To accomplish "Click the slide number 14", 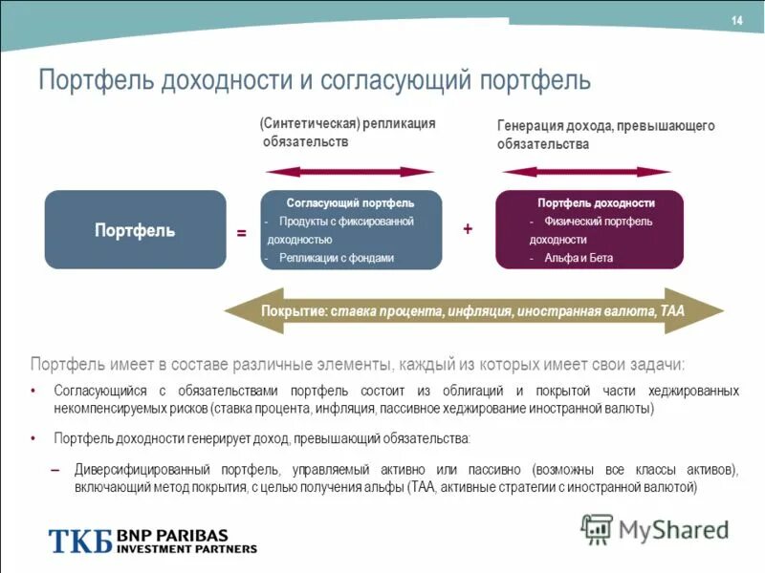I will (736, 21).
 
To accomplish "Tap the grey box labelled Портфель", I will (135, 230).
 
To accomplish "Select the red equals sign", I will (242, 233).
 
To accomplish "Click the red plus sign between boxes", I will (468, 229).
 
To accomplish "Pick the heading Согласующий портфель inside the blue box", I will (351, 203).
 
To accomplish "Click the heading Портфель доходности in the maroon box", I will (596, 203).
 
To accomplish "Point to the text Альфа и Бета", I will (579, 258).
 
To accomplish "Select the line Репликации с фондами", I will (337, 258).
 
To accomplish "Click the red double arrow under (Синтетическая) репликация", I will (350, 172).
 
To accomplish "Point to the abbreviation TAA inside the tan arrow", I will (671, 312).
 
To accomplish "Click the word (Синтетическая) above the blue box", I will (308, 124).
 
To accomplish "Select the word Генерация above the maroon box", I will (530, 126).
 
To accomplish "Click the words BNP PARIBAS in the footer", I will (169, 535).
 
